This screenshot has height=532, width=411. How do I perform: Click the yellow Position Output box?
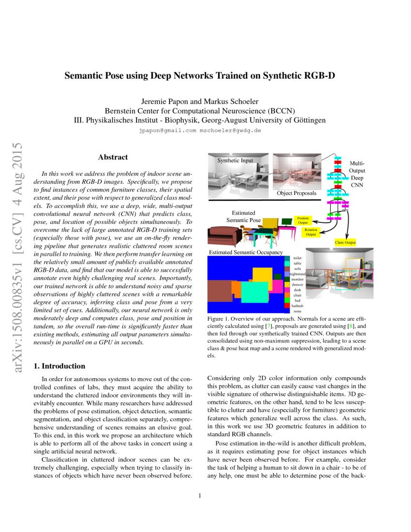point(302,220)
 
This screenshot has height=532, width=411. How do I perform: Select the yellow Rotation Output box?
point(310,233)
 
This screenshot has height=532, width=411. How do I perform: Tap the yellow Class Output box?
point(345,242)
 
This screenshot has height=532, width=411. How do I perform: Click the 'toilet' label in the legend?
point(297,259)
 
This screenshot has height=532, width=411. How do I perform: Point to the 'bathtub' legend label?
point(297,306)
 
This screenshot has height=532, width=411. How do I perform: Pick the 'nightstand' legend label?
point(297,274)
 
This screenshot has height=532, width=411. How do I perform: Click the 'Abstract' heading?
point(113,157)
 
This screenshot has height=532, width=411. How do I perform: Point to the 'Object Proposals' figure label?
point(296,193)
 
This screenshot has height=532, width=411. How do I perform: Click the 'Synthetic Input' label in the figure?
point(235,160)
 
